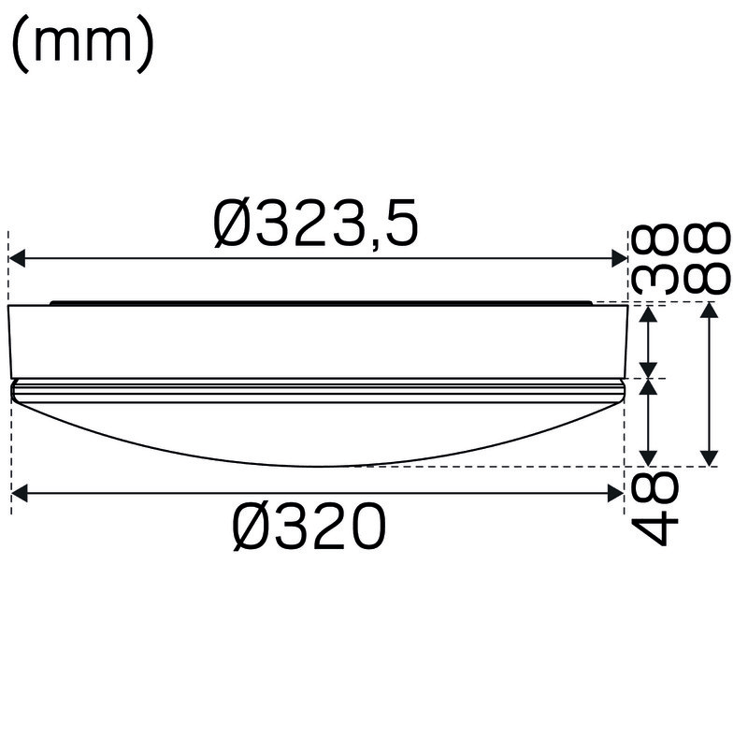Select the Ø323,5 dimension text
click(316, 223)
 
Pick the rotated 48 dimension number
click(654, 509)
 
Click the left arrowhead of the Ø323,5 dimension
click(17, 259)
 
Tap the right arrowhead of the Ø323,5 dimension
click(619, 259)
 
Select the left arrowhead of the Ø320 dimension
click(20, 493)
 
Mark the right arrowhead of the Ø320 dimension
click(615, 493)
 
